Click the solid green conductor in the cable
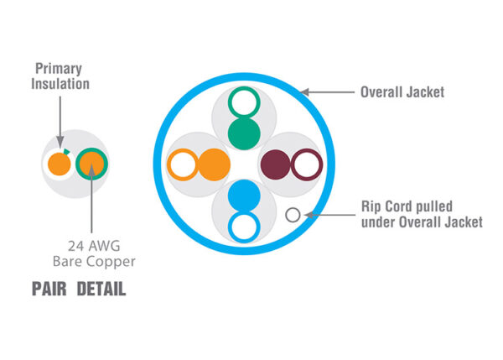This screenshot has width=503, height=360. [x=244, y=133]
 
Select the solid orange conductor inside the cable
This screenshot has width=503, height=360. [x=213, y=163]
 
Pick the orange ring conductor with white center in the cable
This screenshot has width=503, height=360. [x=183, y=163]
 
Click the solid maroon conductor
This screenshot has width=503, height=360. [x=276, y=163]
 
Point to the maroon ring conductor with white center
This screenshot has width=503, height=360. [x=306, y=163]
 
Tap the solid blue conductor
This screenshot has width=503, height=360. [x=244, y=194]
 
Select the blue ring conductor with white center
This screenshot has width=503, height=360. [x=244, y=224]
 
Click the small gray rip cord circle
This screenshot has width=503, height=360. [x=293, y=214]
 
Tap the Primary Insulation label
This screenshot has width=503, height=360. [x=62, y=76]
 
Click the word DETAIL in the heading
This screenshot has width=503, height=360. [x=101, y=290]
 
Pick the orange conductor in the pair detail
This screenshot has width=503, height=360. [x=58, y=162]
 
